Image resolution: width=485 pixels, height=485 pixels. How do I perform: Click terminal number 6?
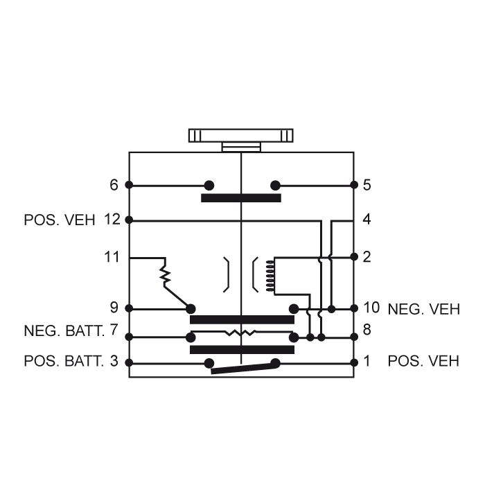point(114,185)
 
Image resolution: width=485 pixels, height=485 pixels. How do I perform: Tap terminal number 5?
point(367,185)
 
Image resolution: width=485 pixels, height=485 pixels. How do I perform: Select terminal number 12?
point(112,220)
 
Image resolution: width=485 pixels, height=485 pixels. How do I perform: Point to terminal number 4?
point(367,220)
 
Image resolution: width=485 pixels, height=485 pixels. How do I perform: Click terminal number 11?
point(112,258)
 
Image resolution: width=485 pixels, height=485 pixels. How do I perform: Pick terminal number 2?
point(367,257)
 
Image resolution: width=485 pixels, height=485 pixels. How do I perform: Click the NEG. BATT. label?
point(64,330)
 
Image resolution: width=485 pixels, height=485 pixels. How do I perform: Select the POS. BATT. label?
point(64,361)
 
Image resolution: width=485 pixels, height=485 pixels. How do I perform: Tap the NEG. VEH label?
point(423,309)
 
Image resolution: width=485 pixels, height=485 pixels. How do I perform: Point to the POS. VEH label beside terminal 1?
point(423,361)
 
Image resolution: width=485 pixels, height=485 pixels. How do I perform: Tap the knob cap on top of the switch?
point(240,134)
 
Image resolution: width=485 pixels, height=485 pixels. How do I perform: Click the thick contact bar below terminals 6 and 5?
point(241,198)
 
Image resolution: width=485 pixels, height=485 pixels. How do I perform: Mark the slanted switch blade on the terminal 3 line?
point(242,367)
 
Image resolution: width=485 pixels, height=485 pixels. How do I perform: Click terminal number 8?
point(367,330)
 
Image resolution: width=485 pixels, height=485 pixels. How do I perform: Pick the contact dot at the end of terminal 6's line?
point(208,185)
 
